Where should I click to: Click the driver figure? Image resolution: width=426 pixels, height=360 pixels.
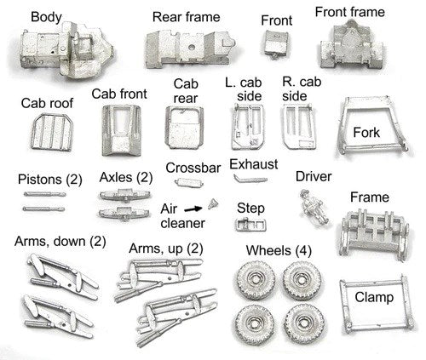314,207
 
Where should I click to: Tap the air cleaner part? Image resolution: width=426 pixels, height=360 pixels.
213,204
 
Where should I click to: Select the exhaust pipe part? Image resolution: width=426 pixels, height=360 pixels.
250,180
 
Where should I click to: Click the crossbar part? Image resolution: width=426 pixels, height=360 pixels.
189,182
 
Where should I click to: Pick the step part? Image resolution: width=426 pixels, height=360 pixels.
250,225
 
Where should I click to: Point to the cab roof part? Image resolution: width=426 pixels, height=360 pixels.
51,132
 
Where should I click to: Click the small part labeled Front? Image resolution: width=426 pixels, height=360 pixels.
276,44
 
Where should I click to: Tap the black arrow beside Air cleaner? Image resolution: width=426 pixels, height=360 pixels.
193,209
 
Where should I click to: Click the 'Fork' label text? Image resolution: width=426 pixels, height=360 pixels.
366,133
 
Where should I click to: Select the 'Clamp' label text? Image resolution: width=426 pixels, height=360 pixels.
374,297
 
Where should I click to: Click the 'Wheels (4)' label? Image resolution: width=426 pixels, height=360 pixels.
279,250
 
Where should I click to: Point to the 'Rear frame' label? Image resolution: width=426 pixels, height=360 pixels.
187,17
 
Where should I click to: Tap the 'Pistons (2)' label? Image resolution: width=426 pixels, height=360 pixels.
50,180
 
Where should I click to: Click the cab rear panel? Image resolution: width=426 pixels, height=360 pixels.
184,128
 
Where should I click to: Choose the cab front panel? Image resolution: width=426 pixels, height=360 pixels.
122,130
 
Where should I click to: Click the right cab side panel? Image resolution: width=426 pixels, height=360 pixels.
299,127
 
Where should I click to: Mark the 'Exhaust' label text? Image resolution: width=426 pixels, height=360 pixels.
254,164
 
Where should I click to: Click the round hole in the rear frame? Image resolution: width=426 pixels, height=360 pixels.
192,47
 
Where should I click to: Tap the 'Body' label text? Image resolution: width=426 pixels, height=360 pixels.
46,17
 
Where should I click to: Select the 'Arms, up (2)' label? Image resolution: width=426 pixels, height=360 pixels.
166,249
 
